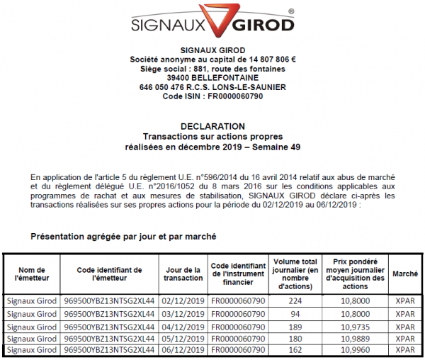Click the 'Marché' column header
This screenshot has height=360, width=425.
pos(404,273)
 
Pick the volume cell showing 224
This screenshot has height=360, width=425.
pos(295,300)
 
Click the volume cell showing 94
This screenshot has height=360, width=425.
pos(295,313)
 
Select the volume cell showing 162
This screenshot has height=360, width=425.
pos(295,349)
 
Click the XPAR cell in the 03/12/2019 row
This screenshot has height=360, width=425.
pos(404,313)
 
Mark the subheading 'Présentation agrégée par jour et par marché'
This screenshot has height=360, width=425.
pos(123,235)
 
